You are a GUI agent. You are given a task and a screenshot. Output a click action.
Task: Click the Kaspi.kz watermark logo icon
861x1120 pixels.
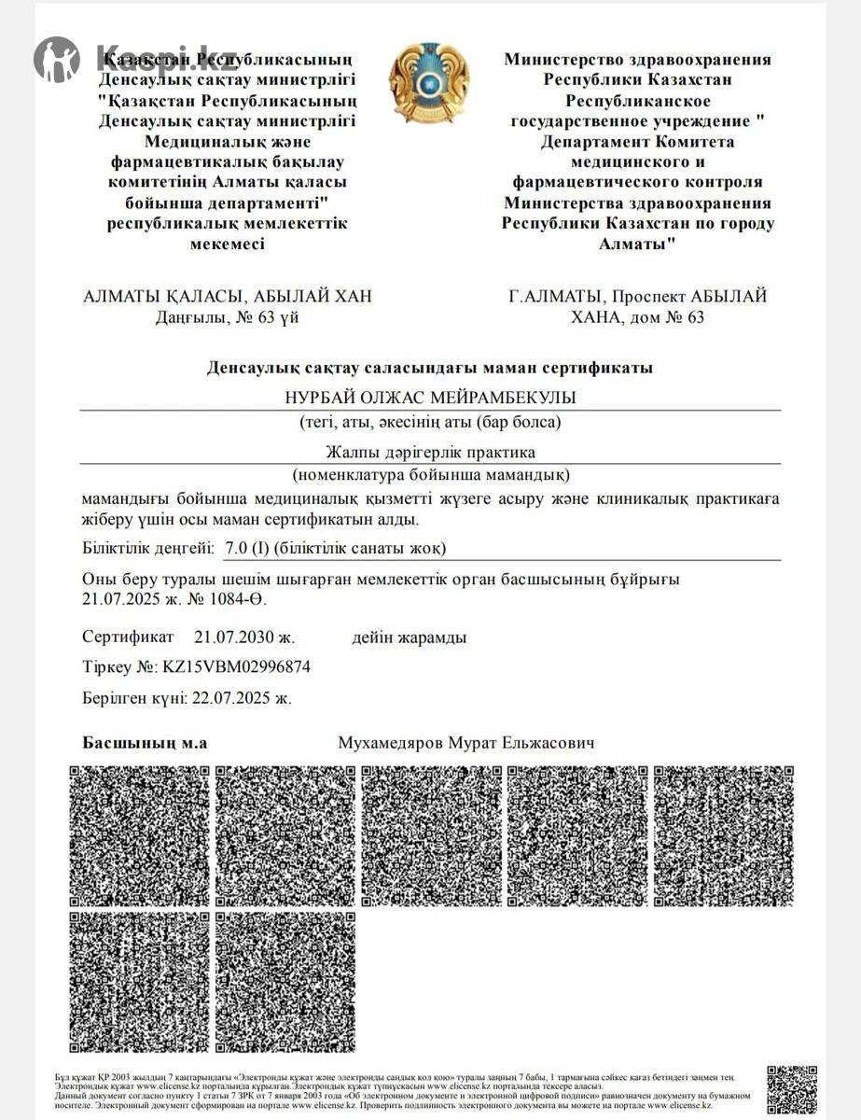pyautogui.click(x=57, y=60)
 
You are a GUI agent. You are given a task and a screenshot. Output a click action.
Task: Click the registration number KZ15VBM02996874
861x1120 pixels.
pyautogui.click(x=237, y=666)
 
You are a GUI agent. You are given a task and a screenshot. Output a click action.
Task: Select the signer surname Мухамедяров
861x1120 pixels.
pyautogui.click(x=391, y=743)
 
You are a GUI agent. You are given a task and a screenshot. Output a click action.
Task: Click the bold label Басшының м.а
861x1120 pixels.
pyautogui.click(x=145, y=743)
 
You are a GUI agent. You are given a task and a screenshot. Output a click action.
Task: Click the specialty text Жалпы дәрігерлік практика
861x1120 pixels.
pyautogui.click(x=430, y=452)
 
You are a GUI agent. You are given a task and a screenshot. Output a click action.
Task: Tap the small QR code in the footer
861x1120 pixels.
pyautogui.click(x=791, y=1089)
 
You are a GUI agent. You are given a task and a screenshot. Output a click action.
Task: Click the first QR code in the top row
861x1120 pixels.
pyautogui.click(x=140, y=836)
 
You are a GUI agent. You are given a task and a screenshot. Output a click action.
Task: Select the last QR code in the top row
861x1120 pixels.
pyautogui.click(x=723, y=836)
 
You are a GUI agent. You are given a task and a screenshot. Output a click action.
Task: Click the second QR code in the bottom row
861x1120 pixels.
pyautogui.click(x=285, y=982)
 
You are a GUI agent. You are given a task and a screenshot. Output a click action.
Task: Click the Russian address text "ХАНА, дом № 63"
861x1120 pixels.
pyautogui.click(x=638, y=316)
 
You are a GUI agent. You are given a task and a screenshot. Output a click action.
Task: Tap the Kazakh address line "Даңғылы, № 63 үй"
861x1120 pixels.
pyautogui.click(x=228, y=316)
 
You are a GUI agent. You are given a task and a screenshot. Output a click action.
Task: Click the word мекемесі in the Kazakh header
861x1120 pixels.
pyautogui.click(x=228, y=244)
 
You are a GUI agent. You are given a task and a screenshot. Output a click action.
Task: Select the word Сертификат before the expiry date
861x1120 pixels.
pyautogui.click(x=128, y=637)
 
